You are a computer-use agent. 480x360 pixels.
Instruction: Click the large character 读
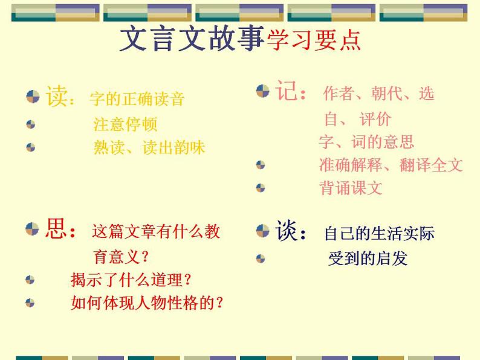coord(57,96)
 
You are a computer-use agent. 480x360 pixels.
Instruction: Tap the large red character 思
coord(58,230)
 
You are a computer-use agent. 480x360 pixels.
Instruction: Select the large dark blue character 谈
coord(288,231)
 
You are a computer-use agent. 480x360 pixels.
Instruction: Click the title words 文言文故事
coord(192,39)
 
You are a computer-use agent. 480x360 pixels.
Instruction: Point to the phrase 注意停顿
coord(125,124)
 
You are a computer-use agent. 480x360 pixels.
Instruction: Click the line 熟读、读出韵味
coord(149,147)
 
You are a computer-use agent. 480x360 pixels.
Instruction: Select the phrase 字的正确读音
coord(137,98)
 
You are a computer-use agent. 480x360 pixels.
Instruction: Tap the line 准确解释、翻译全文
coord(391,164)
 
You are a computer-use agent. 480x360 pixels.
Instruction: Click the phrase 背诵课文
coord(351,188)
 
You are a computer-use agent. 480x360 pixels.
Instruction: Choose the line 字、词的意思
coord(366,142)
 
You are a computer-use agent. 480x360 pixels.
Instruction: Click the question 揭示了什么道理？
coord(131,280)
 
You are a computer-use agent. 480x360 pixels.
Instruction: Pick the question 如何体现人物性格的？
coord(147,303)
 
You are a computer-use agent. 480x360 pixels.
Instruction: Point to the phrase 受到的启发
coord(368,259)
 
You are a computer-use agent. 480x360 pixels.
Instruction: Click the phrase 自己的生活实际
coord(379,233)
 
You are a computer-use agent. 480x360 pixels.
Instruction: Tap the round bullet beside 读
coord(33,96)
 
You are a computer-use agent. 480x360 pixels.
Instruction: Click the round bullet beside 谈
coord(262,230)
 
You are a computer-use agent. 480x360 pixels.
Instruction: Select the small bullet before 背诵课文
coord(261,188)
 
